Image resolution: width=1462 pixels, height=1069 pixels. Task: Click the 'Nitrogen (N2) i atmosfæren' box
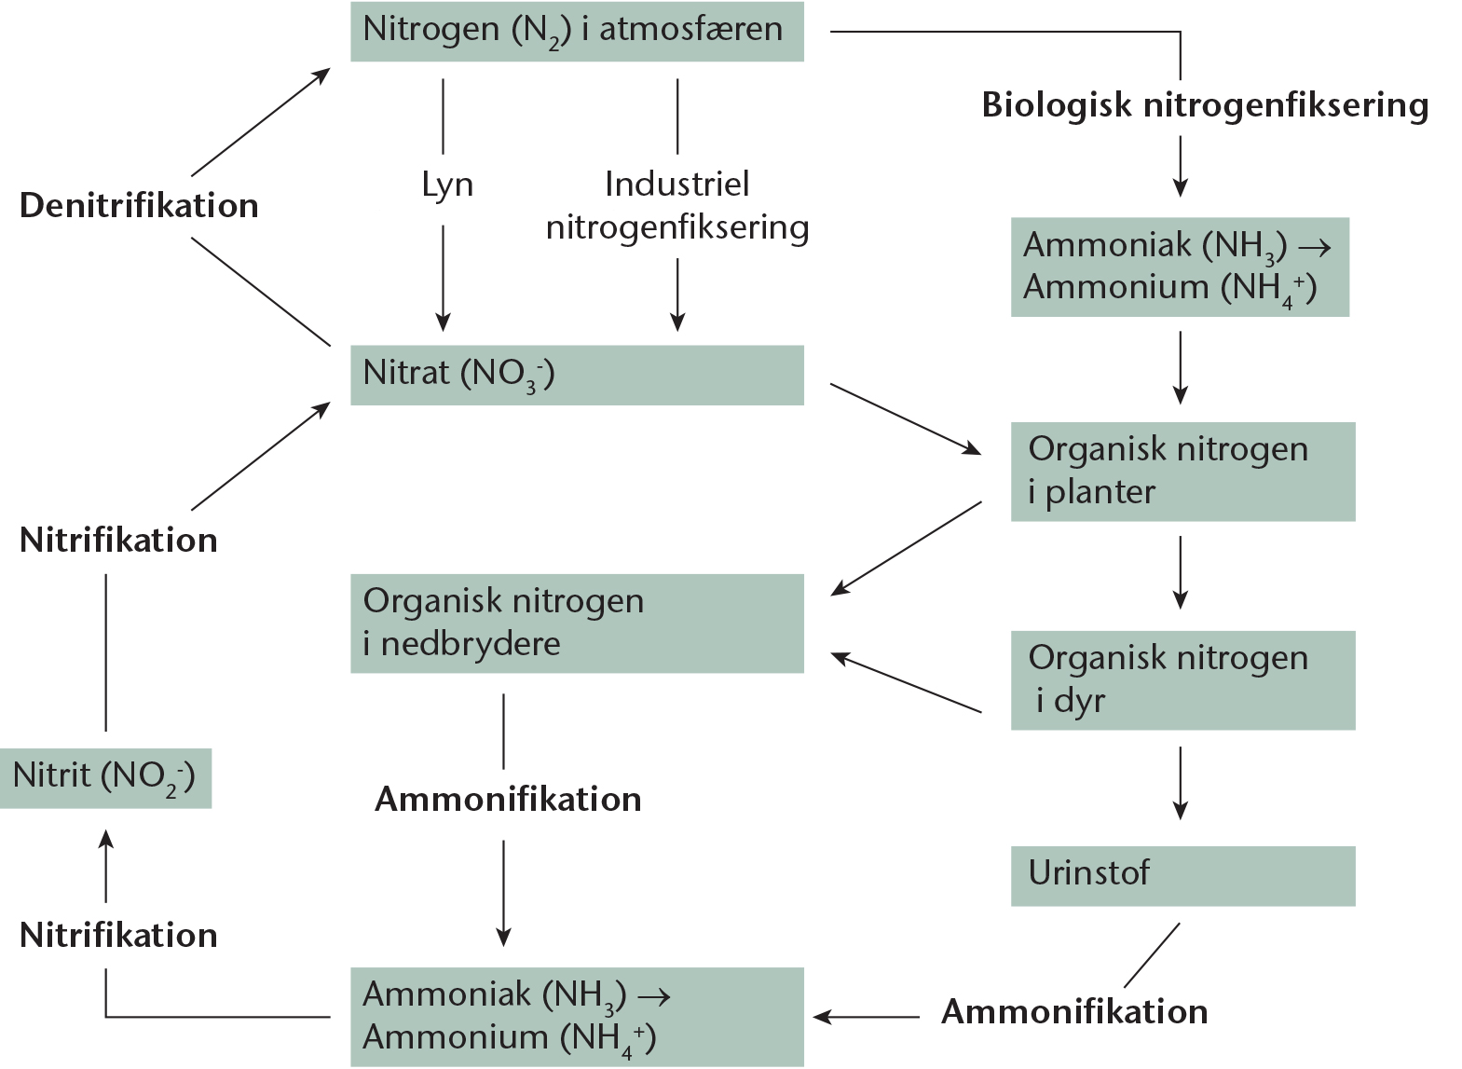point(577,32)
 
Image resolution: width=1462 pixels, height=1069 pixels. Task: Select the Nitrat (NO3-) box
point(577,376)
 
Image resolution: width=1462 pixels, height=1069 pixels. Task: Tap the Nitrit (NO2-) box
point(105,778)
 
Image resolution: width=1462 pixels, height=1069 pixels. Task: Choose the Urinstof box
point(1183,876)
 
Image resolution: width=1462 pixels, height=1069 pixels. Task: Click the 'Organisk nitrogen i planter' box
point(1183,472)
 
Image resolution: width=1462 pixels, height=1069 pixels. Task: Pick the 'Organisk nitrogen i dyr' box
point(1183,680)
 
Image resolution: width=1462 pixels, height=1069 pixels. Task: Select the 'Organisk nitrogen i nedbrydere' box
point(577,624)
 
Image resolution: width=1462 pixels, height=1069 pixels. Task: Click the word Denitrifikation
point(139,206)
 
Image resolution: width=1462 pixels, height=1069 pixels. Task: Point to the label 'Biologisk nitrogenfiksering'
point(1205,105)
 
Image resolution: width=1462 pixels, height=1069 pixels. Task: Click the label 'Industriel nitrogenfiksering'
point(677,206)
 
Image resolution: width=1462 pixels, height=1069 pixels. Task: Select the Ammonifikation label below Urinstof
point(1074,1011)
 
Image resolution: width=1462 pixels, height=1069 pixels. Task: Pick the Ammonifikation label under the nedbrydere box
point(508,799)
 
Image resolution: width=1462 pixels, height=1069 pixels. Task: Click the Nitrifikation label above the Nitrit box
point(118,541)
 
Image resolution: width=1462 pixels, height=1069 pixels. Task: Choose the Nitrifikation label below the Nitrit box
point(118,935)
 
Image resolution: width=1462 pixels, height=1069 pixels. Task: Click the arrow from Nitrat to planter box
point(906,419)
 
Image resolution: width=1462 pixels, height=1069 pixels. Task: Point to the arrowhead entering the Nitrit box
point(105,839)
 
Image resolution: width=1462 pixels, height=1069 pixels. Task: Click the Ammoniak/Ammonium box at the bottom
point(577,1017)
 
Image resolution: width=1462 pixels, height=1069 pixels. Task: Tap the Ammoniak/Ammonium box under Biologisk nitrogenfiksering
point(1180,267)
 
